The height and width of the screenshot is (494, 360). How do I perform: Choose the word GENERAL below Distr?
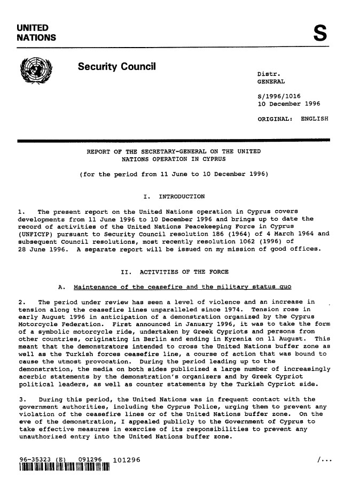271,81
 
